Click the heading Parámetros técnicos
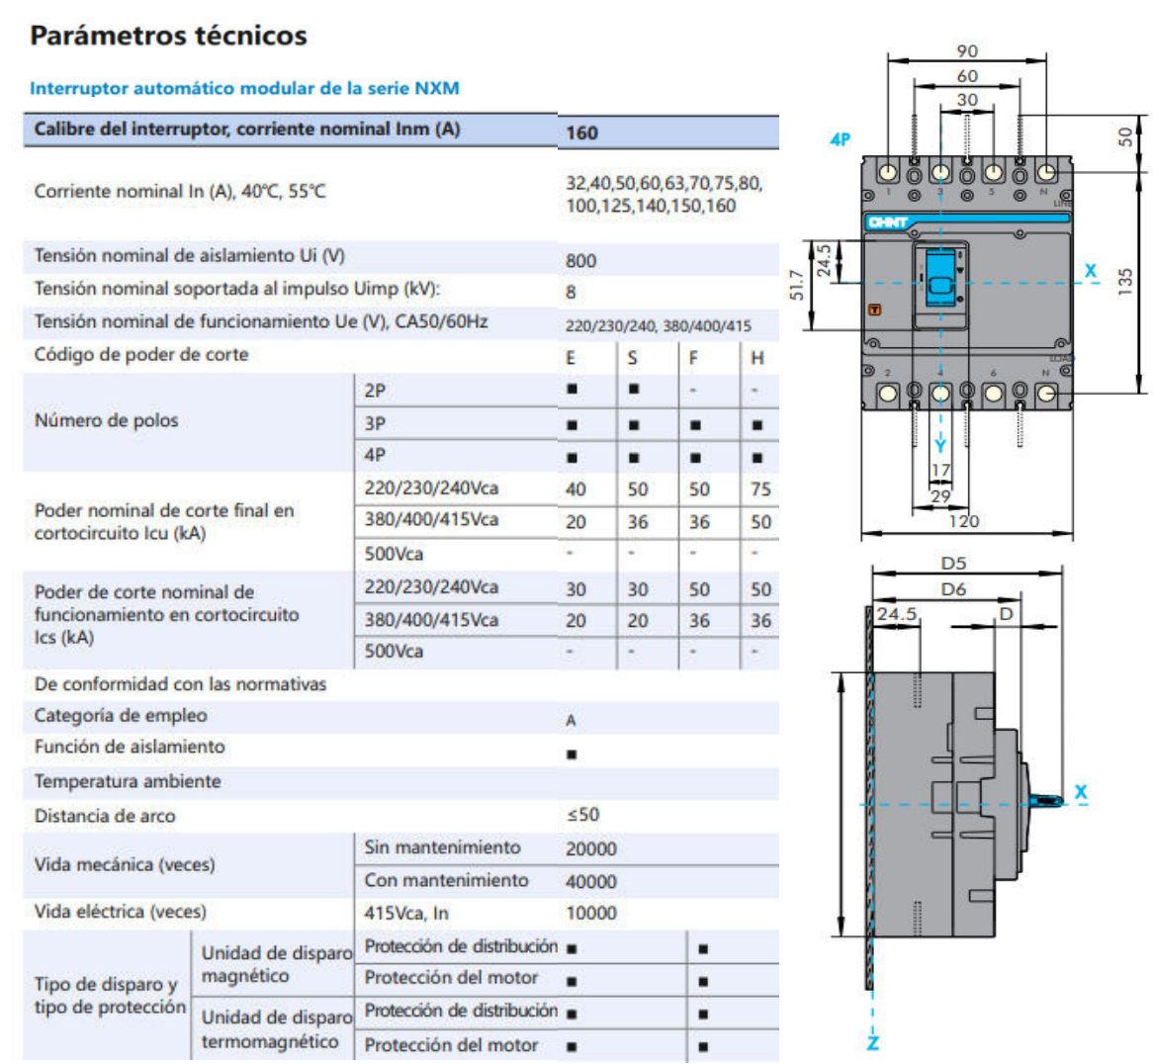coord(168,36)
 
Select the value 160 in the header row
coord(581,133)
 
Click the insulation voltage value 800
coord(580,260)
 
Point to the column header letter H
coord(756,358)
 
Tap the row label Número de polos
coord(106,420)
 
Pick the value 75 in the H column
coord(759,489)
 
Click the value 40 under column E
coord(576,489)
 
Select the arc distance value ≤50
coord(582,815)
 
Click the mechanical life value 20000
coord(590,848)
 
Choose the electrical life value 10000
coord(590,913)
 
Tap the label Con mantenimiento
coord(446,880)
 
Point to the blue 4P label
coord(840,139)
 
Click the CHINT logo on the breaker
coord(888,222)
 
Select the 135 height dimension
coord(1124,281)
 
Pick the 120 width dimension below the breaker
coord(963,521)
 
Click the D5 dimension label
coord(953,563)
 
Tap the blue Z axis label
coord(872,1042)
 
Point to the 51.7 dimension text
coord(796,287)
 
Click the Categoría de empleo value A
coord(571,721)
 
